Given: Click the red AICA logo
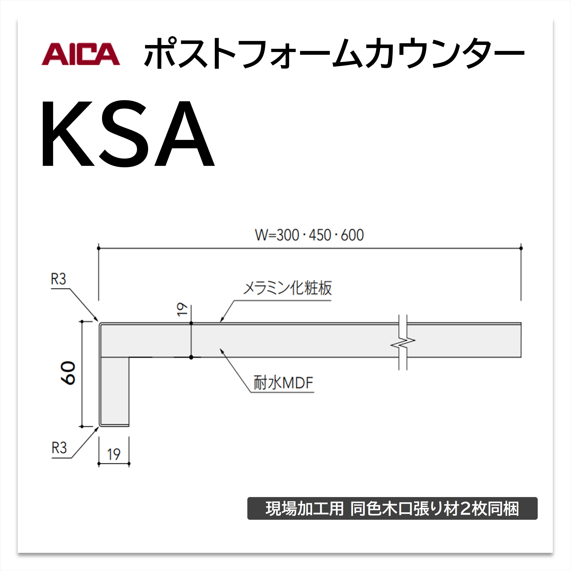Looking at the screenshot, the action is coord(81,54).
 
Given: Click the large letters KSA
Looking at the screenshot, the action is coord(128,134).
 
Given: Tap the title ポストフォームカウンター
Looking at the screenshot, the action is coord(334,53).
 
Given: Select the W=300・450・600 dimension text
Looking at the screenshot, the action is coord(309,235).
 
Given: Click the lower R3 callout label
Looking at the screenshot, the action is coord(59,448).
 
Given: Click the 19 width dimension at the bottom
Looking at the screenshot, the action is coord(114,454).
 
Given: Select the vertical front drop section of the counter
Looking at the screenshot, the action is coord(114,391).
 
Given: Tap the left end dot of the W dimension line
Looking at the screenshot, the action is coord(99,248).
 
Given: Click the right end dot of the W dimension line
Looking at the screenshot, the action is coord(521,248).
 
